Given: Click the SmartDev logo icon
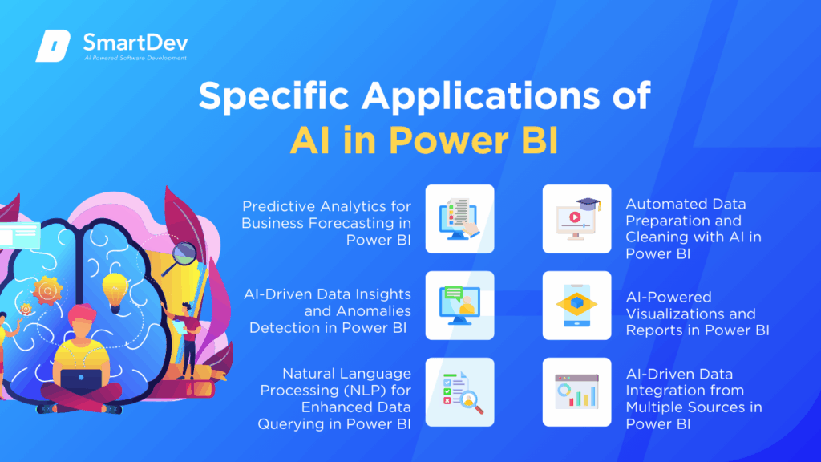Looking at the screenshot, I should (54, 47).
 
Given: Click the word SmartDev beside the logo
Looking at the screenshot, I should (132, 41).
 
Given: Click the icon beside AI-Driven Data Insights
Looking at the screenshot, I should (459, 306).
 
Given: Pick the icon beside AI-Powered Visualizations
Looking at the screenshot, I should (577, 306).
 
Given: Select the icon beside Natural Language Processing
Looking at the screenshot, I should (459, 391).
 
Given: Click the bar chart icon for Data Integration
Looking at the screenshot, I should (577, 391).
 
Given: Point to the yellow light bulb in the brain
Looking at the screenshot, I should (115, 286).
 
